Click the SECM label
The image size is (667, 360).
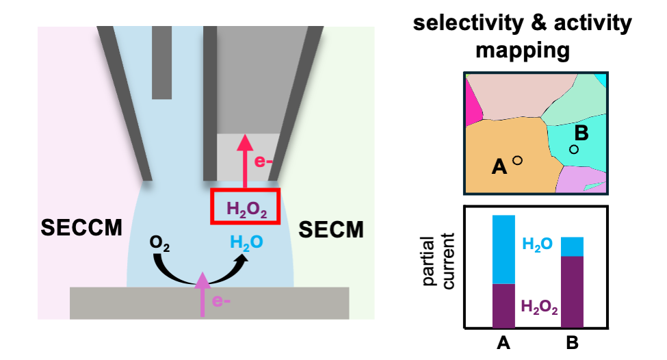pos(331,230)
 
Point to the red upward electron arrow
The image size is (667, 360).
pos(244,164)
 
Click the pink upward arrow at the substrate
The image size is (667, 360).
pos(202,294)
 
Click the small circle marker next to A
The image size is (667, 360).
pos(518,160)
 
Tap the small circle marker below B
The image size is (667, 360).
pos(574,149)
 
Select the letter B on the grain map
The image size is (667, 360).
pos(581,133)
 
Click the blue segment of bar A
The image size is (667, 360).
pos(503,249)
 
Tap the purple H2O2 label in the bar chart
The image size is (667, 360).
pos(540,306)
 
